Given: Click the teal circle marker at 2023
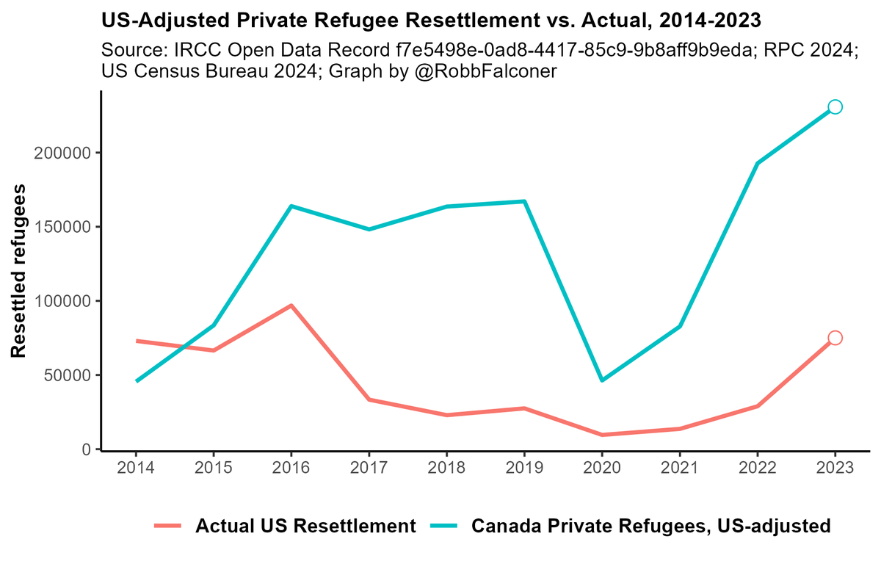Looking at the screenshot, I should coord(835,107).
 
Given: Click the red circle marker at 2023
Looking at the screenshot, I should coord(835,338).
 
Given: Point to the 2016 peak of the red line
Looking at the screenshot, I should coord(291,305).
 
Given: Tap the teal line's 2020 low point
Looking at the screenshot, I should coord(602,380).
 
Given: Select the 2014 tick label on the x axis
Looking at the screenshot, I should coord(136,468).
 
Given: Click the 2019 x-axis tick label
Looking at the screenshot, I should coord(524,468).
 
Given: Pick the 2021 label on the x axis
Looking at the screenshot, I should coord(680,468).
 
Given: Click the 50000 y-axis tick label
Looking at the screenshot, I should coord(71,375).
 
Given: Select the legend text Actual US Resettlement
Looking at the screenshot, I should coord(306,526).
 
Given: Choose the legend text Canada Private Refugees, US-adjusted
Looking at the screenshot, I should coord(650,526).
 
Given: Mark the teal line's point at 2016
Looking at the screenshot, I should coord(291,206).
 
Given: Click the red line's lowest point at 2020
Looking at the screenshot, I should coord(602,435).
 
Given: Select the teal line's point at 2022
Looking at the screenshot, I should coord(757,163).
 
